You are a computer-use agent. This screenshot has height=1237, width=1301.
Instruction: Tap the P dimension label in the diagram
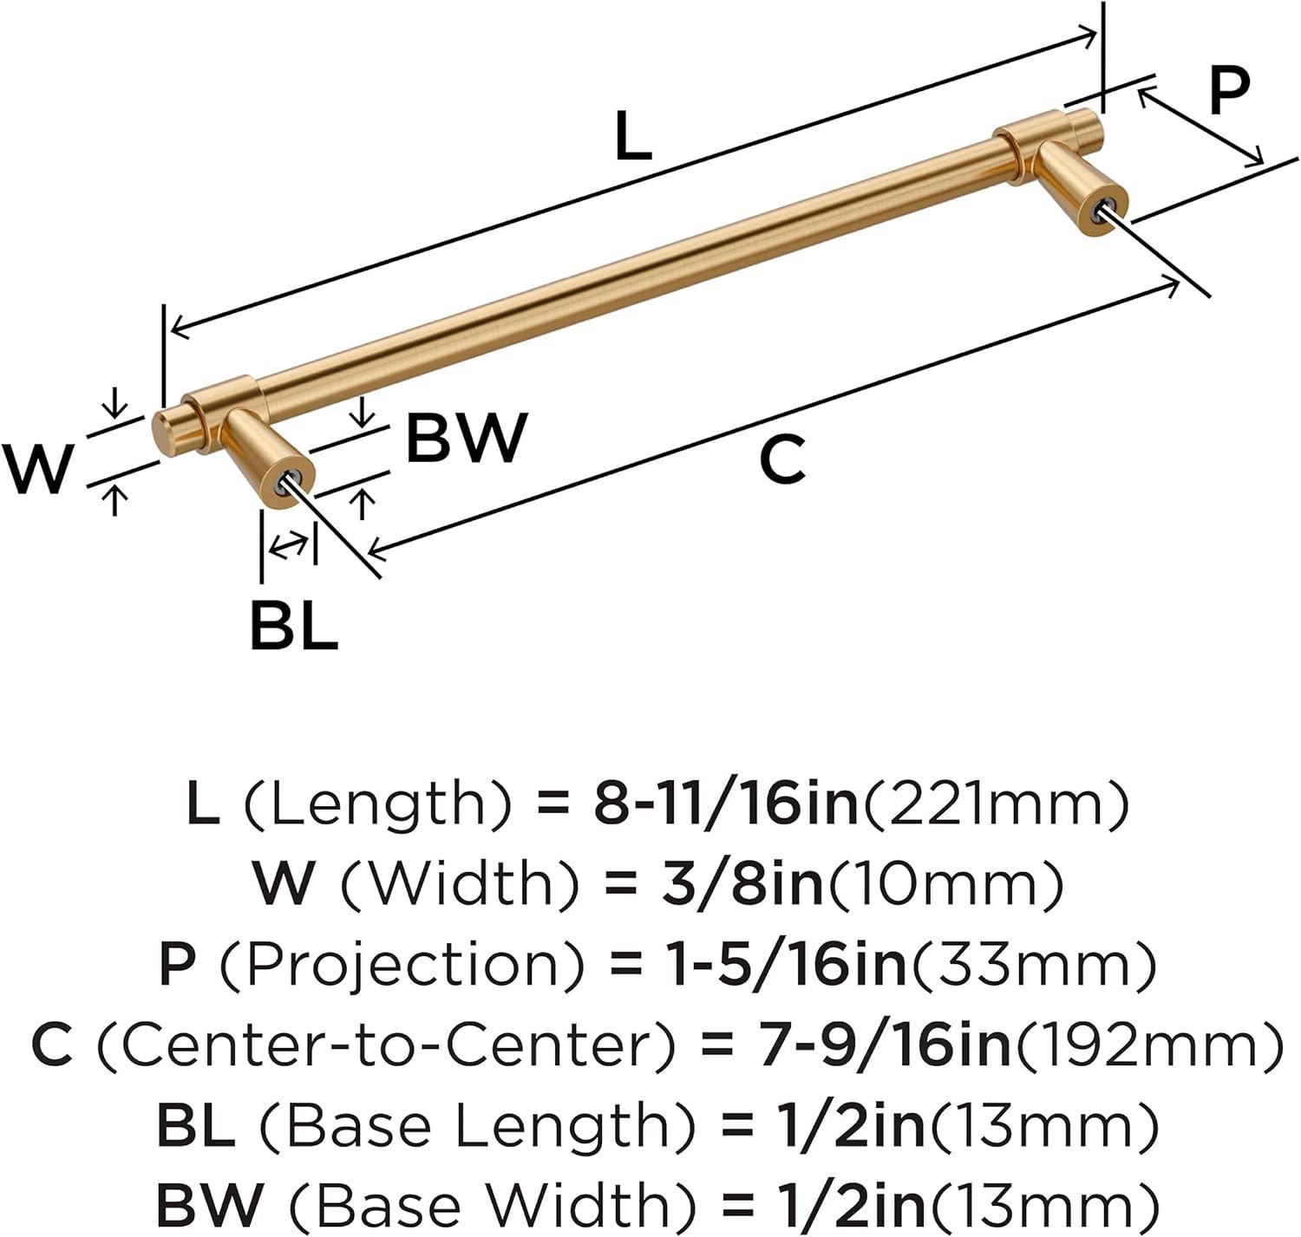(1228, 91)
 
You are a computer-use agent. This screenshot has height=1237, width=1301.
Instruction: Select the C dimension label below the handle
(782, 460)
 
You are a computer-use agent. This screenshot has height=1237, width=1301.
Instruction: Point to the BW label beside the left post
(467, 438)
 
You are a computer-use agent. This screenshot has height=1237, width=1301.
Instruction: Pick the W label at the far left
(36, 468)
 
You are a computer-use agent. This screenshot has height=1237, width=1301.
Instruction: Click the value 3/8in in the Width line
(738, 883)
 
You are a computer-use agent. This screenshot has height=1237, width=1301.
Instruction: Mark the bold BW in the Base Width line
(209, 1204)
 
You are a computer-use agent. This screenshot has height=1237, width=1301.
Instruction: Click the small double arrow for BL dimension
(288, 546)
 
